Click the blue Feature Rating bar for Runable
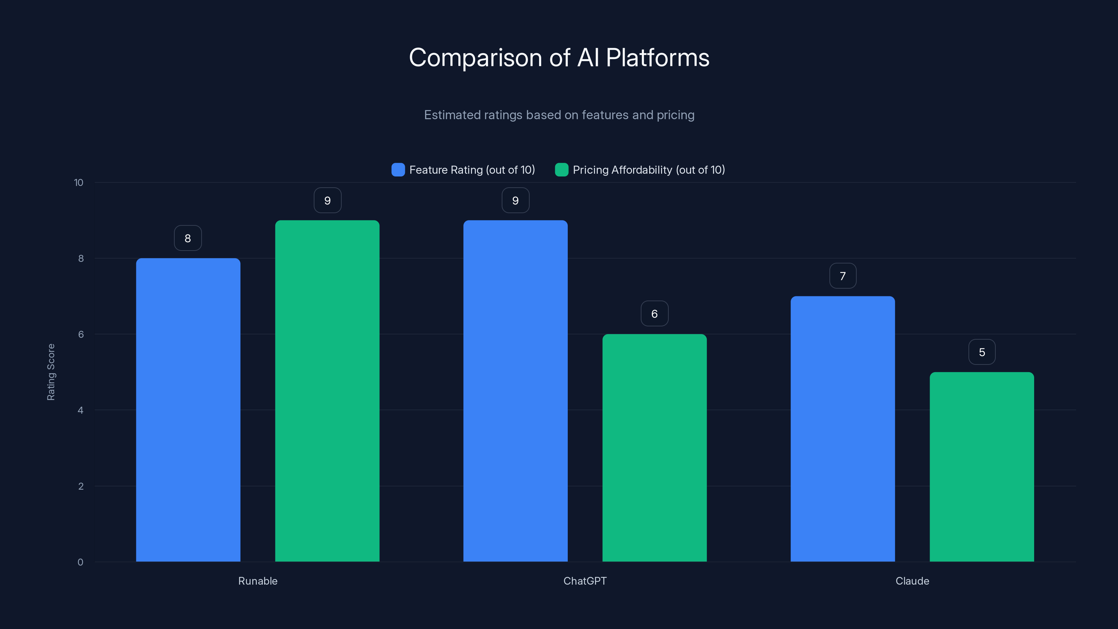pyautogui.click(x=188, y=410)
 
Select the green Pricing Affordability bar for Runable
pyautogui.click(x=327, y=391)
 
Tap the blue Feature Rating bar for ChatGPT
pyautogui.click(x=515, y=391)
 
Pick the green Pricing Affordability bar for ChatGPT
pyautogui.click(x=654, y=448)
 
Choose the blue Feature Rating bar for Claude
pyautogui.click(x=842, y=429)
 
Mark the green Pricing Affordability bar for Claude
pyautogui.click(x=982, y=467)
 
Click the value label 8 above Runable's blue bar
pyautogui.click(x=188, y=238)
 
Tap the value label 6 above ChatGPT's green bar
pyautogui.click(x=654, y=313)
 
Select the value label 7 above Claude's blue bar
pyautogui.click(x=842, y=276)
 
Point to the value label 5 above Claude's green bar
pyautogui.click(x=982, y=352)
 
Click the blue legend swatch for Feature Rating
pyautogui.click(x=398, y=170)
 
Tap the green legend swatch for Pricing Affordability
pyautogui.click(x=561, y=170)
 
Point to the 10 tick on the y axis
pyautogui.click(x=79, y=182)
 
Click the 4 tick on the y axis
pyautogui.click(x=80, y=410)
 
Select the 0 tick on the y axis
pyautogui.click(x=80, y=562)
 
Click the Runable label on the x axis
pyautogui.click(x=258, y=581)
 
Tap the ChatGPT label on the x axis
pyautogui.click(x=585, y=581)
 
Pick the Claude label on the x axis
pyautogui.click(x=912, y=581)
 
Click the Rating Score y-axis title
pyautogui.click(x=51, y=372)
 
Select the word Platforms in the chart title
pyautogui.click(x=658, y=58)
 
